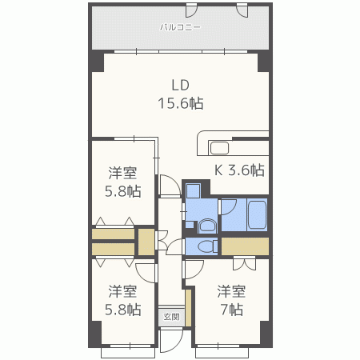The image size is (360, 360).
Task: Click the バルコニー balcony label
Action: click(x=180, y=27)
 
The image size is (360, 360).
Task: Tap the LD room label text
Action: click(x=180, y=85)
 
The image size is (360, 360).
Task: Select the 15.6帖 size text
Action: click(x=180, y=103)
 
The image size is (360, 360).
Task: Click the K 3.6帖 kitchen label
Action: click(x=238, y=170)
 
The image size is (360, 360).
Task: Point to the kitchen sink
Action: click(x=220, y=146)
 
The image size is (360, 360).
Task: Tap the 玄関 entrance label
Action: click(x=171, y=317)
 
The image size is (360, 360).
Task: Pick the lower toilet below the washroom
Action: click(x=206, y=247)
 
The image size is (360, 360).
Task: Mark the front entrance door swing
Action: click(x=170, y=339)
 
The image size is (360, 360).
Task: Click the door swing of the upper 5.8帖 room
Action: click(x=168, y=186)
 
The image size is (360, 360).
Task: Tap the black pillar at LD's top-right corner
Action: click(x=263, y=62)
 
